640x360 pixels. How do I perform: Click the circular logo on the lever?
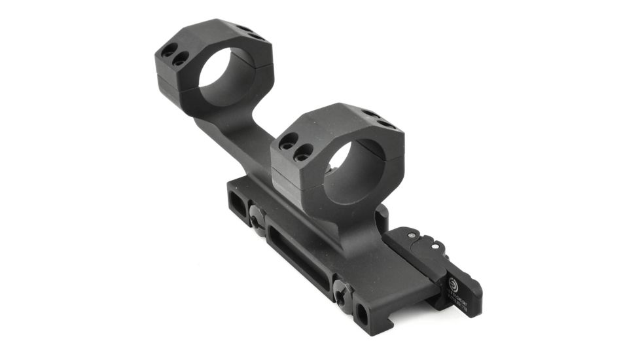tap(453, 284)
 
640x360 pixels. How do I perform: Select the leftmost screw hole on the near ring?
tap(285, 139)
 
